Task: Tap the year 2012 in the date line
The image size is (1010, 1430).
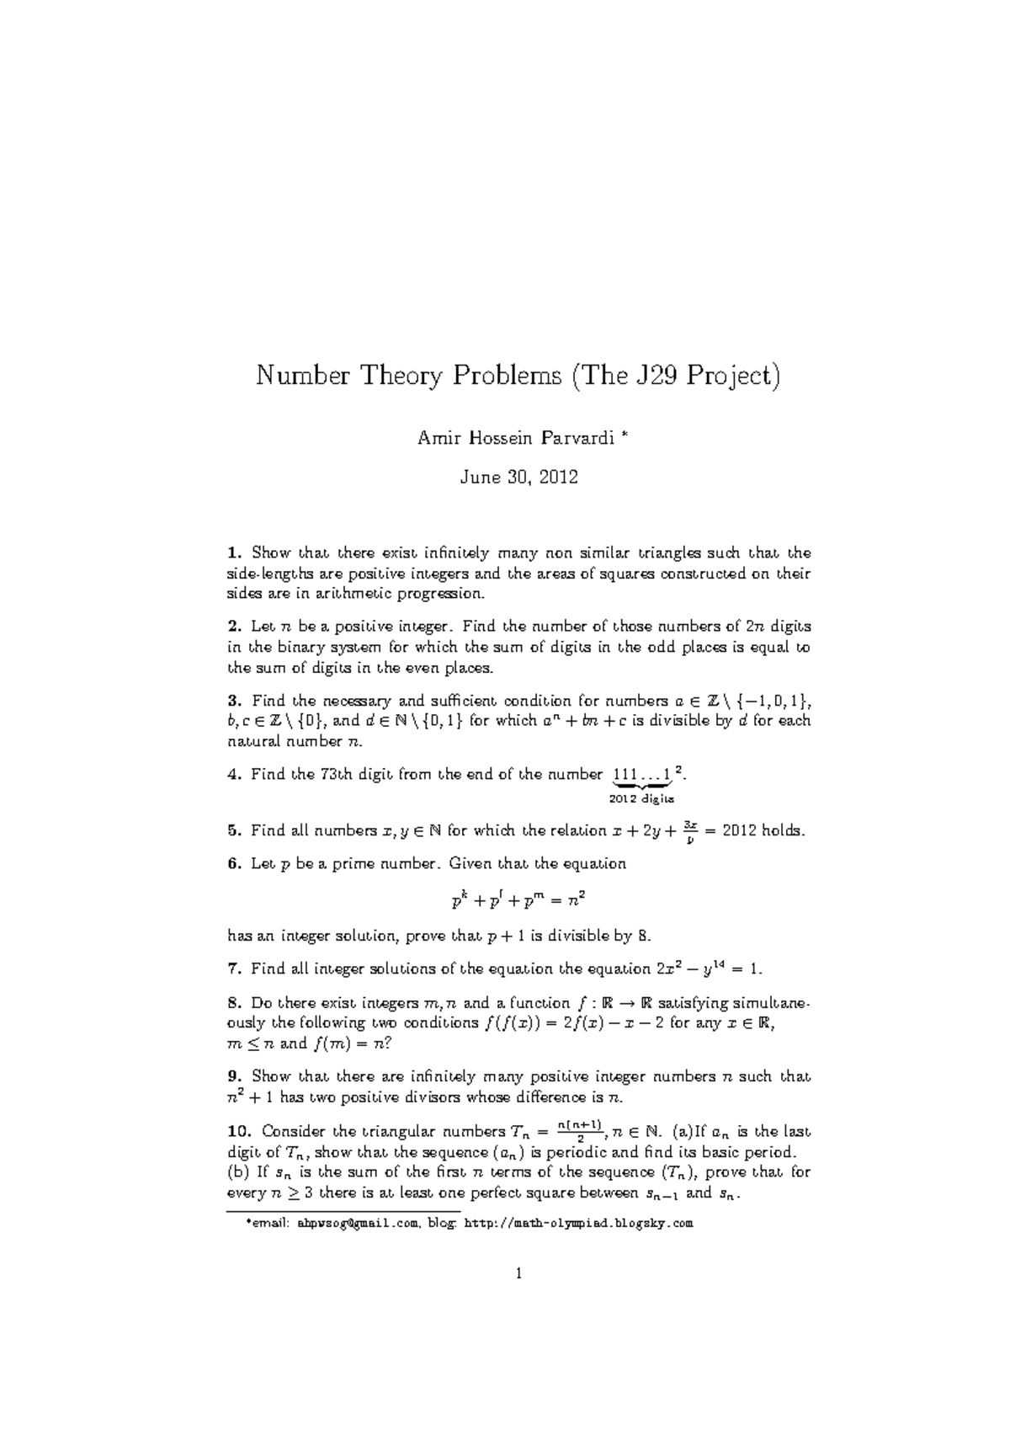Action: (558, 478)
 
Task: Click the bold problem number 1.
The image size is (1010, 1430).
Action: (234, 553)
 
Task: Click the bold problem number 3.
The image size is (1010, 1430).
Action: (234, 701)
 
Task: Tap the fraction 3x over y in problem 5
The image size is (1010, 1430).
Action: (689, 830)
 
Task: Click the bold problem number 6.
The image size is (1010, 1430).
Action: (234, 864)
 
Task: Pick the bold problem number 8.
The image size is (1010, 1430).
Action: (234, 1003)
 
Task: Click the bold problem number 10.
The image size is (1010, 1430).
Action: (239, 1131)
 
